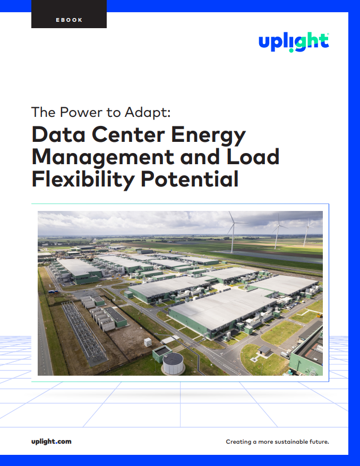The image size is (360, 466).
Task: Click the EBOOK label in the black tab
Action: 69,20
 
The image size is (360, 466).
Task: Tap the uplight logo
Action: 294,43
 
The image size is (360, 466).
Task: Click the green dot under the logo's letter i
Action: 292,50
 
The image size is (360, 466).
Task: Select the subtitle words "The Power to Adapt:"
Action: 101,113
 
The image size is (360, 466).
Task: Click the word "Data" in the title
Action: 58,134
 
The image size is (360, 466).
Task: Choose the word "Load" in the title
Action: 253,157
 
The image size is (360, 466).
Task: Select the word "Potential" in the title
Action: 190,179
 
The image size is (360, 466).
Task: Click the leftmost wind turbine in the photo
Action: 233,232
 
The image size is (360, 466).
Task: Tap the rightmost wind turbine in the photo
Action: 306,232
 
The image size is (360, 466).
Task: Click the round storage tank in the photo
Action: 174,363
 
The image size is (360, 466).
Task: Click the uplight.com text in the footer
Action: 52,442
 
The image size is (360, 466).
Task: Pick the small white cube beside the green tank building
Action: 148,342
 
